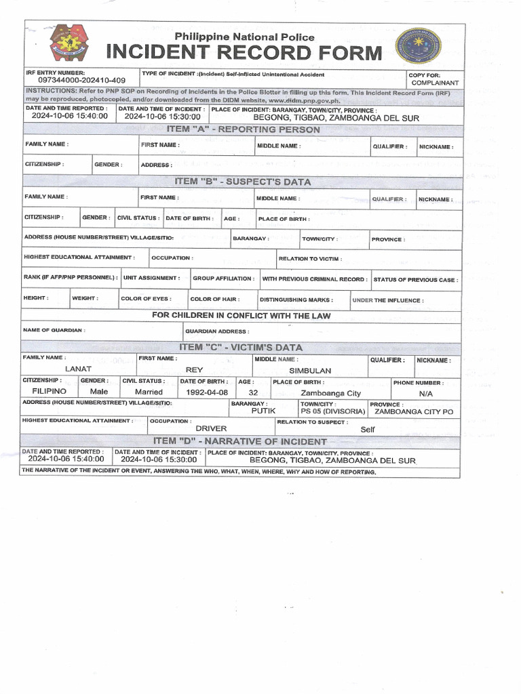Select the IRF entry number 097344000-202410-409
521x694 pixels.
[x=77, y=80]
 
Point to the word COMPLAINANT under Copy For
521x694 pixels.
[x=433, y=82]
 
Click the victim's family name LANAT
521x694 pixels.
[x=78, y=369]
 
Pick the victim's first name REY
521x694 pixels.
[x=195, y=370]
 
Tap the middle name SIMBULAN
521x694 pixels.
[x=310, y=371]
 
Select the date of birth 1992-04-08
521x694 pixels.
[x=204, y=392]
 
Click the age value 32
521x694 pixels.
[x=254, y=392]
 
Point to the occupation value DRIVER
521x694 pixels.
[x=211, y=429]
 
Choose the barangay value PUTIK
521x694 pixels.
[x=263, y=411]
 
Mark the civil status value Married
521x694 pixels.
[x=149, y=392]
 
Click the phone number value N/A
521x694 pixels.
[x=426, y=393]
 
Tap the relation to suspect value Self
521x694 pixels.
[x=368, y=430]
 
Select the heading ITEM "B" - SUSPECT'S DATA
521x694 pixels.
[x=243, y=182]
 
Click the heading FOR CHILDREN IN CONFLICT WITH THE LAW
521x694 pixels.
[x=241, y=316]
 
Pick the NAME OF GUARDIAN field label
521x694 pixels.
[x=54, y=330]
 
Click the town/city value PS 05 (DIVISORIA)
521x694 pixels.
[x=333, y=411]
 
